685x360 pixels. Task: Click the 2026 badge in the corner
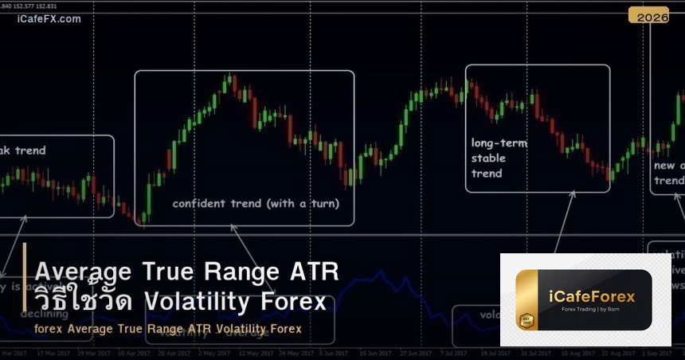[648, 16]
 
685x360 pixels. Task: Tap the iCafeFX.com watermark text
[49, 19]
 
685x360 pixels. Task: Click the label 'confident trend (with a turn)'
[256, 203]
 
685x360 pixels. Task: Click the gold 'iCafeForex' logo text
[592, 296]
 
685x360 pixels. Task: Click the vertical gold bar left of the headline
[25, 288]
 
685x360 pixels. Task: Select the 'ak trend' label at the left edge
[23, 151]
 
